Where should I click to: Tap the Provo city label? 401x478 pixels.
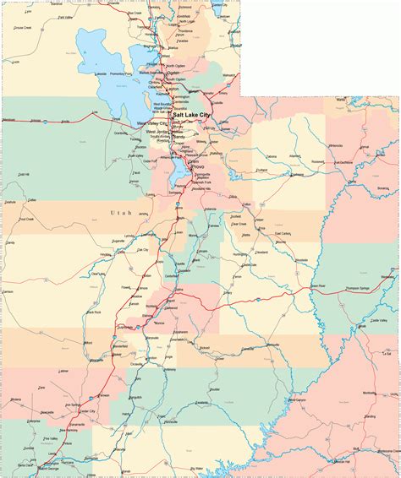[x=197, y=167]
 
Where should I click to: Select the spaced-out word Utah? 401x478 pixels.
[x=122, y=214]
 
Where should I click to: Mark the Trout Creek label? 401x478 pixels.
[x=14, y=219]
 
